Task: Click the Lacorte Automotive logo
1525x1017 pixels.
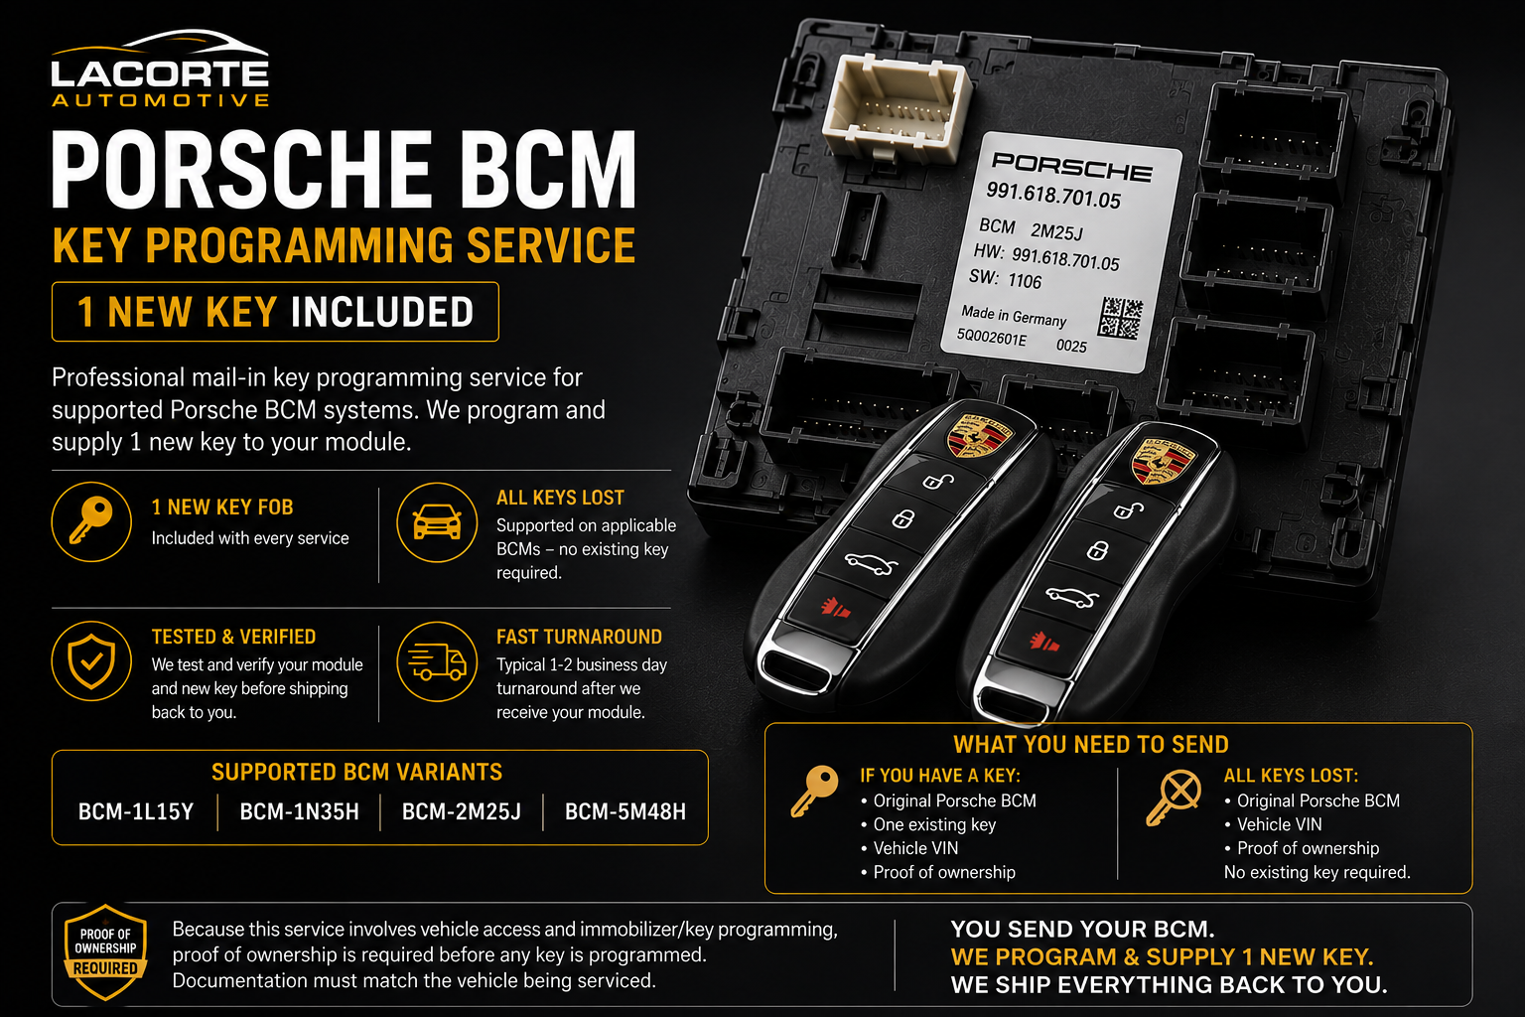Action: tap(160, 69)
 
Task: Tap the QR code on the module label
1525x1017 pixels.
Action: tap(1120, 318)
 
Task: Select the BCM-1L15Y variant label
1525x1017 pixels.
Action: tap(136, 811)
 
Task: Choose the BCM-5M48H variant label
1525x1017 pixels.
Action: tap(624, 811)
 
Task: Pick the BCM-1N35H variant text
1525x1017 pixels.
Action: tap(299, 811)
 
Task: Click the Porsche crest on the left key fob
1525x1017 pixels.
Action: tap(980, 436)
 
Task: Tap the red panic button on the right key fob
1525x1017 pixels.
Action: tap(1043, 643)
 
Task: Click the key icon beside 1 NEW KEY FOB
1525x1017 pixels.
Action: tap(91, 522)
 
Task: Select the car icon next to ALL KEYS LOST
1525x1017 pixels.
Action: tap(437, 522)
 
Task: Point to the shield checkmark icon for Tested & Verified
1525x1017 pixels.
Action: tap(91, 660)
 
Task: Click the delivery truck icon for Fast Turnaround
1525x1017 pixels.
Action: tap(437, 661)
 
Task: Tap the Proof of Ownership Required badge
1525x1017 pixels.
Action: tap(105, 951)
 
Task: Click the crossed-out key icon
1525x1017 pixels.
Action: tap(1173, 797)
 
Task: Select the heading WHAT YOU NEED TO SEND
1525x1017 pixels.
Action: tap(1091, 744)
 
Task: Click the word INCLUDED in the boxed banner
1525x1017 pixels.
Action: tap(382, 312)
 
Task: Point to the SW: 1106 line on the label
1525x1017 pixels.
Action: tap(1006, 279)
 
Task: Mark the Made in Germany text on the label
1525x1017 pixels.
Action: tap(1014, 316)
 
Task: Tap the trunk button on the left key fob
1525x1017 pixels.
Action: tap(871, 564)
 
